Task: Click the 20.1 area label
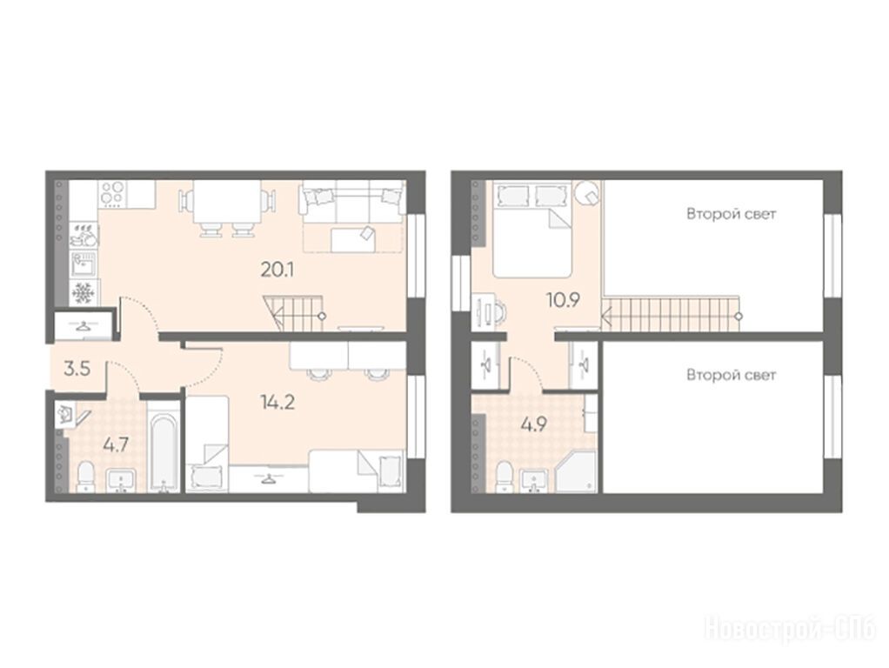277,270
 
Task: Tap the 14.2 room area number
277,402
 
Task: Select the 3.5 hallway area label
77,369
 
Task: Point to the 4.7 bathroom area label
115,444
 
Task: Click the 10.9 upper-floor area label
563,300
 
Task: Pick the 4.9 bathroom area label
533,424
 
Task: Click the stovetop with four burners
112,193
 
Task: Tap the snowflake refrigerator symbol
84,292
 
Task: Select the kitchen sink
84,264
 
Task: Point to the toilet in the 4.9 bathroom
505,477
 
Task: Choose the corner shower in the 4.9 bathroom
575,471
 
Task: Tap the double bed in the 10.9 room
531,229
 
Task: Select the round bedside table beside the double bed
588,195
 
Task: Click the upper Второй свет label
731,214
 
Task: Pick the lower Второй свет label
731,375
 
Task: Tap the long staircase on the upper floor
672,314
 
